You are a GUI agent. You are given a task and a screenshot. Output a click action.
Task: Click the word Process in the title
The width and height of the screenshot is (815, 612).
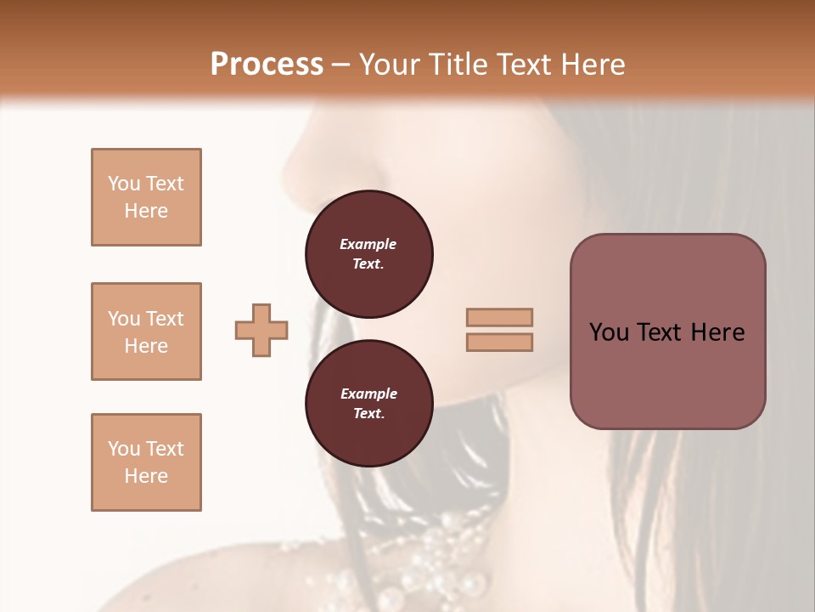click(x=267, y=65)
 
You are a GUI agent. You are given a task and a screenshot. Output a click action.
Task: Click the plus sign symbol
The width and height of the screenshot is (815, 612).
click(x=261, y=330)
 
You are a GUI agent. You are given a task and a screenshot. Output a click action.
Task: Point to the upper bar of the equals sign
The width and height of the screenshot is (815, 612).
click(x=499, y=317)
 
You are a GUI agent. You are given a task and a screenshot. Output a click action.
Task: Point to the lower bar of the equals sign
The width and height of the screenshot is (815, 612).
click(x=499, y=342)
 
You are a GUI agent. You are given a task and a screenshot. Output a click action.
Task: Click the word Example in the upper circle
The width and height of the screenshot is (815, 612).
click(x=368, y=244)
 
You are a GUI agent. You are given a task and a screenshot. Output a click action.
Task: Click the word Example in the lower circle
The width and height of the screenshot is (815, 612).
click(x=368, y=394)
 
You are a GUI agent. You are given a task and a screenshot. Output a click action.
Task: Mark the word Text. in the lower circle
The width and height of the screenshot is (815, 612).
click(x=368, y=414)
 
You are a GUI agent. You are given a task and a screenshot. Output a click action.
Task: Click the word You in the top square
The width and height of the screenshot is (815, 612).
click(x=123, y=184)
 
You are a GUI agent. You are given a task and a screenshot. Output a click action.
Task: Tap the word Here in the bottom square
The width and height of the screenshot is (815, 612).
click(x=146, y=476)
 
